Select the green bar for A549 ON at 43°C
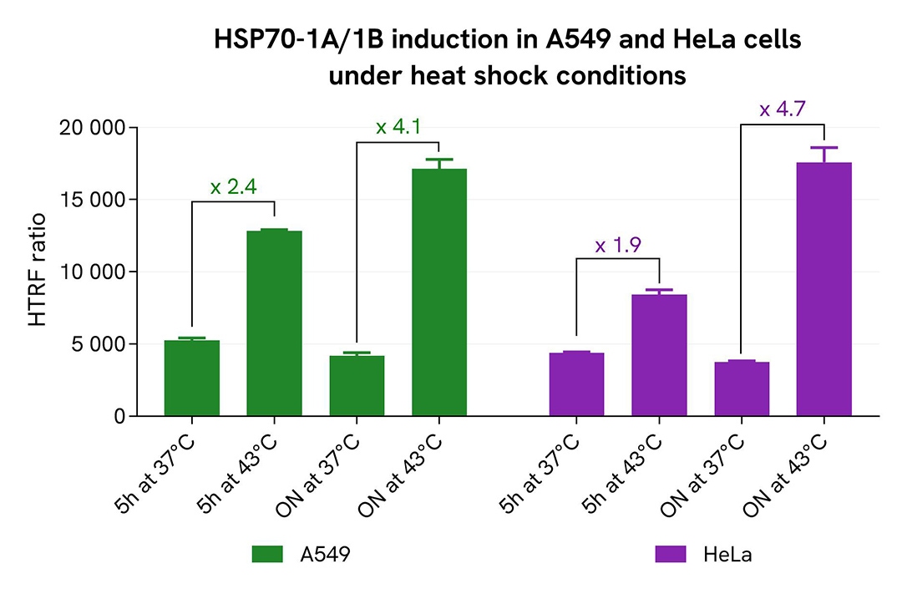click(439, 292)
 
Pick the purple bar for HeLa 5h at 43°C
click(659, 355)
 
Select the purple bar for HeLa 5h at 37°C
click(576, 384)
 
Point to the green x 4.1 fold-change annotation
click(398, 127)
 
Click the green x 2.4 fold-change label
click(233, 187)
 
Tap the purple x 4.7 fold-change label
click(783, 109)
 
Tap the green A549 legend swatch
click(269, 554)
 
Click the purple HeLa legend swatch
click(671, 554)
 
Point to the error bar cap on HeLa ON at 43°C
click(823, 148)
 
